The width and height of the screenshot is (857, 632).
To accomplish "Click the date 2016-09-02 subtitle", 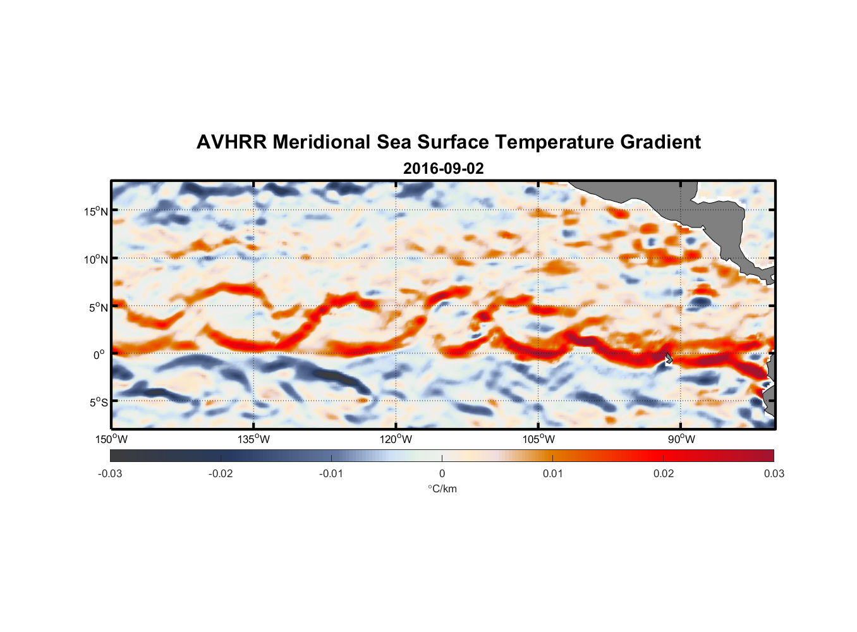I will pyautogui.click(x=443, y=169).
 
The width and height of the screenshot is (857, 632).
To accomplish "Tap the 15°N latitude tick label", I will pyautogui.click(x=96, y=211).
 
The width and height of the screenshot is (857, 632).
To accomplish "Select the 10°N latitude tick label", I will pyautogui.click(x=96, y=259).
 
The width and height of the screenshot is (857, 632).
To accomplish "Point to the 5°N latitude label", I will pyautogui.click(x=98, y=307).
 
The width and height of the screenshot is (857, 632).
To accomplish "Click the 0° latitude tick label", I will pyautogui.click(x=99, y=355).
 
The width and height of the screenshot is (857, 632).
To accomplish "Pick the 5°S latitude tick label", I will pyautogui.click(x=98, y=403).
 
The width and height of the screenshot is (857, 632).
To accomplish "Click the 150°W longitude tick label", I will pyautogui.click(x=111, y=440).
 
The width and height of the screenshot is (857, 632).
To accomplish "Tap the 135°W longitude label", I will pyautogui.click(x=254, y=440).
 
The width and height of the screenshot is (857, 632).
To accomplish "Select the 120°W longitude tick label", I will pyautogui.click(x=396, y=440).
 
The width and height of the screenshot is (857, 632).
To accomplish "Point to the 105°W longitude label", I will pyautogui.click(x=538, y=440).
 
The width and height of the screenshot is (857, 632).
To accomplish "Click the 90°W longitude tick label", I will pyautogui.click(x=681, y=440).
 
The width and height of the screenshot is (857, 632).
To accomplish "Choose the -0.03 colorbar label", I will pyautogui.click(x=110, y=474).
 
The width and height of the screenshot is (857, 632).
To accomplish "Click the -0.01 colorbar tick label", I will pyautogui.click(x=331, y=474).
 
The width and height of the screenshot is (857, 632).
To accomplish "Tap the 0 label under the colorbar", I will pyautogui.click(x=442, y=474).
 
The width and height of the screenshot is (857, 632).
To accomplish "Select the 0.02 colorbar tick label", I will pyautogui.click(x=664, y=474).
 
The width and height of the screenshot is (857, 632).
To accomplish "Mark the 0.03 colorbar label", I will pyautogui.click(x=774, y=474).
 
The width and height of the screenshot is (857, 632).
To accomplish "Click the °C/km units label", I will pyautogui.click(x=442, y=489).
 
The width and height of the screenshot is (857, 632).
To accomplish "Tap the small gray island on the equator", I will pyautogui.click(x=668, y=358).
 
